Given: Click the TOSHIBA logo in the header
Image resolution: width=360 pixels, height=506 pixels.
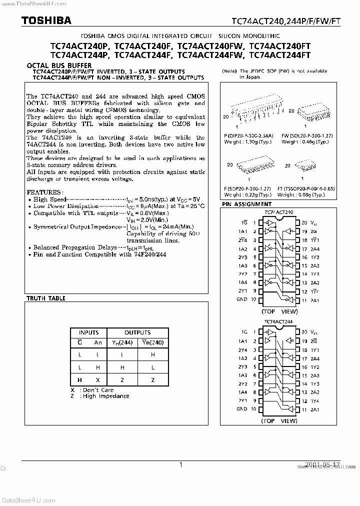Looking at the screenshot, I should (x=39, y=20).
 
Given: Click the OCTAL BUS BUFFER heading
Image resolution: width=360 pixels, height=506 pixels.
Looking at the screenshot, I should (x=59, y=65).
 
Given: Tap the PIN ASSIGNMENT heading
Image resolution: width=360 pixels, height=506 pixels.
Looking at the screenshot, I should (x=246, y=204).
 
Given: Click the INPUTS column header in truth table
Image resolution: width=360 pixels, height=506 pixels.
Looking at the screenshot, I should (x=88, y=332).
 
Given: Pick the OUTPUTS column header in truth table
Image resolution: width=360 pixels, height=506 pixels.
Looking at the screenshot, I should (x=137, y=332).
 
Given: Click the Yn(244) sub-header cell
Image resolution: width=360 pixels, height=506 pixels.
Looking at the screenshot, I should (x=122, y=342).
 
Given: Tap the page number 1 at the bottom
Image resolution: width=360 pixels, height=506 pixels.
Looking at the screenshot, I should (x=180, y=464).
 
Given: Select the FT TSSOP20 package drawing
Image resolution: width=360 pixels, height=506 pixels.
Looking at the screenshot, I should (x=302, y=165).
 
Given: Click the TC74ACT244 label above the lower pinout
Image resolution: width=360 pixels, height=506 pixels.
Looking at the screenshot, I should (x=278, y=322).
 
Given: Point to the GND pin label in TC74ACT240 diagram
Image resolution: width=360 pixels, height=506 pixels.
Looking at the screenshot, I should (x=241, y=299).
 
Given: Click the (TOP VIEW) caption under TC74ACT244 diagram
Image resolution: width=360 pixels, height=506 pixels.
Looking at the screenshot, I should (x=278, y=420).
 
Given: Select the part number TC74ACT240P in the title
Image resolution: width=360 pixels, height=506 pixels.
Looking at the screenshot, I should (x=81, y=45).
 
